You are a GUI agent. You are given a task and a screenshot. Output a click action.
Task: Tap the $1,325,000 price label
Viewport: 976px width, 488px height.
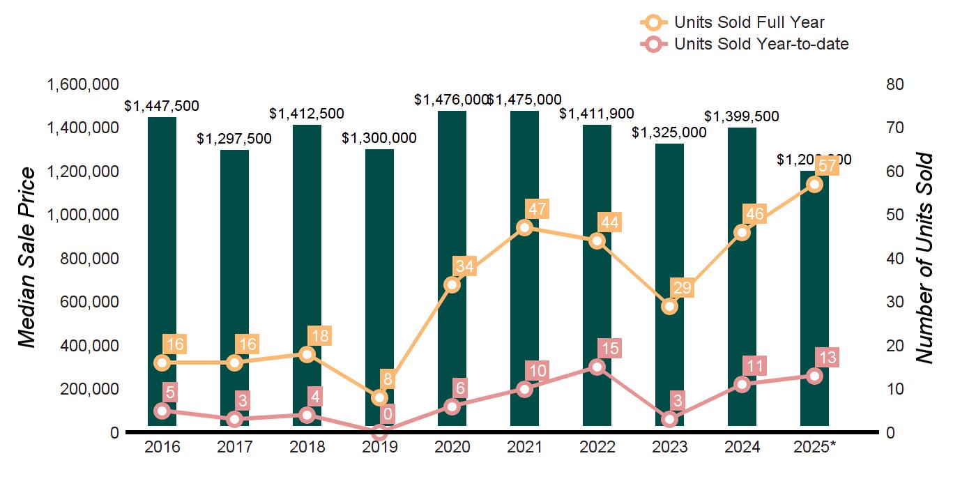point(669,132)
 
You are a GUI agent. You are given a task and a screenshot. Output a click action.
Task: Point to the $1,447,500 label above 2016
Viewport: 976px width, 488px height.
point(162,106)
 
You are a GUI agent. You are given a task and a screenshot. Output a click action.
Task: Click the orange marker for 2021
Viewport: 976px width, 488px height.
point(525,227)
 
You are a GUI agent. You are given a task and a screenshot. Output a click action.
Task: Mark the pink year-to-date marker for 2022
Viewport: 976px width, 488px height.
point(597,367)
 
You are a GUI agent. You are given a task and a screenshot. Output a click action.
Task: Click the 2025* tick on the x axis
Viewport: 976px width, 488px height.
point(814,447)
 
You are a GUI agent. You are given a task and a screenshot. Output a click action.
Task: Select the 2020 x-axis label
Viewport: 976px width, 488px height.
point(452,447)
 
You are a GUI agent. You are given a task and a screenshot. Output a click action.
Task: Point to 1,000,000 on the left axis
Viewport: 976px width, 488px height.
point(82,215)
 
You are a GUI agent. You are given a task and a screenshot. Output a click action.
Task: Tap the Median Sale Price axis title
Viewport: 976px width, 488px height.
point(26,258)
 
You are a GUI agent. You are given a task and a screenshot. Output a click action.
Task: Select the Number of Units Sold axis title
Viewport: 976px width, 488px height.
point(924,258)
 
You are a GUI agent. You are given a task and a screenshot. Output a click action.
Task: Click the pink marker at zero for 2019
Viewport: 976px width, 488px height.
point(379,432)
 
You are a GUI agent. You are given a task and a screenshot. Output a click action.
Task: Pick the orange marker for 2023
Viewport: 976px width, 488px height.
point(670,306)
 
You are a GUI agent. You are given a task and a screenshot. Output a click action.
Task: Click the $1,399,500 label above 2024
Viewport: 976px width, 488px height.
point(742,116)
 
